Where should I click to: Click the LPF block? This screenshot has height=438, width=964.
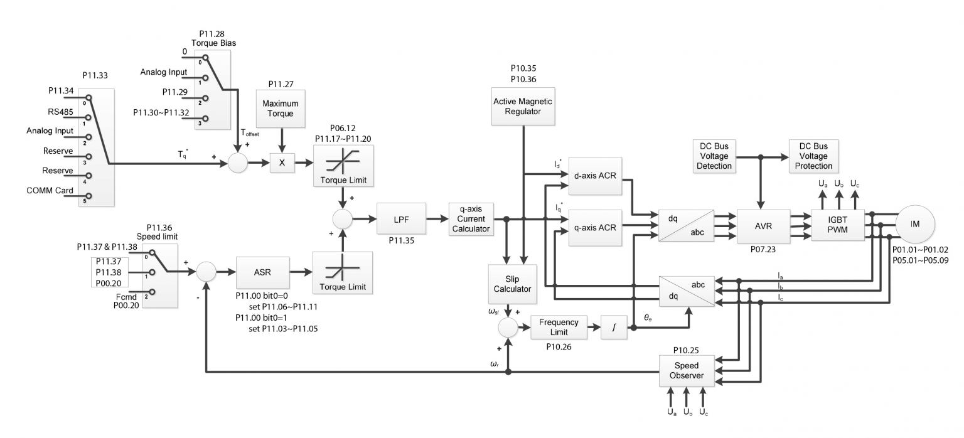point(401,219)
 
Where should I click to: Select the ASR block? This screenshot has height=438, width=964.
point(262,272)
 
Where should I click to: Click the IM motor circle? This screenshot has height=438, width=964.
point(915,225)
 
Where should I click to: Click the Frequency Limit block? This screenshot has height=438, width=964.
point(554,326)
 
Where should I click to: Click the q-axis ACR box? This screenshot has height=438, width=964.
point(593,227)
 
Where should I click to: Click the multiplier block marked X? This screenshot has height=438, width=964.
point(281,162)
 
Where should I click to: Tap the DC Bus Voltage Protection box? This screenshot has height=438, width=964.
point(813,156)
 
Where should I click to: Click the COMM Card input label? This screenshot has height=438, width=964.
point(50,191)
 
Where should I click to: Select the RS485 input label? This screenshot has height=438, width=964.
point(60,112)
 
